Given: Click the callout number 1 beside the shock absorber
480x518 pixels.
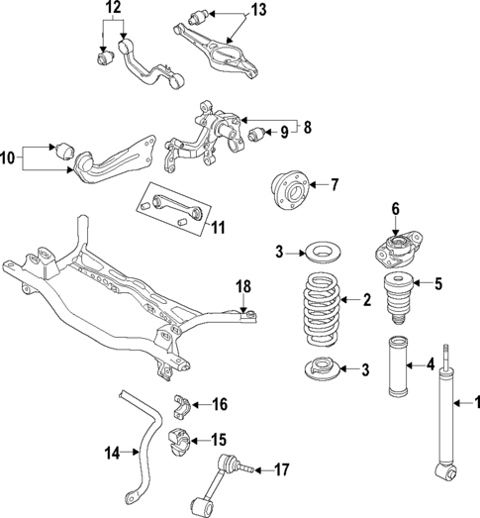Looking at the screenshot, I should tap(471, 403).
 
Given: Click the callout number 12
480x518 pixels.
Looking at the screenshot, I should tap(113, 9).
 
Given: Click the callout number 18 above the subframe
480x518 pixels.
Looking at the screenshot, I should tap(242, 287).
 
